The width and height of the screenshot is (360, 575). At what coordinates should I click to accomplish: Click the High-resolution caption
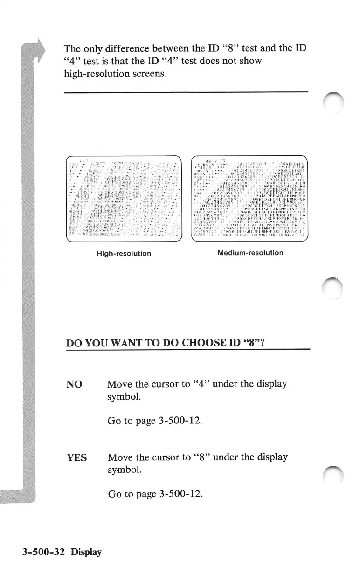(124, 253)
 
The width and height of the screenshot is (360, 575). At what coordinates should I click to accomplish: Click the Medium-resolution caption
(250, 253)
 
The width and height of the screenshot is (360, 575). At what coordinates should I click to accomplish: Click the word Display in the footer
(86, 552)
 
